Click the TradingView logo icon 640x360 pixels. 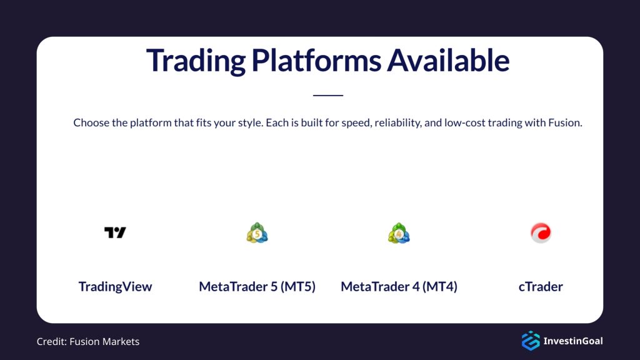115,232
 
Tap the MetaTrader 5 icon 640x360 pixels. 257,233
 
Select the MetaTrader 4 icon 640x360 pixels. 399,233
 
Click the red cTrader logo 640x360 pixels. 541,233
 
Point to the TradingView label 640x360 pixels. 115,287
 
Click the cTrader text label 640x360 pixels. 541,287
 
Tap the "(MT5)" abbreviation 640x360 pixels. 297,287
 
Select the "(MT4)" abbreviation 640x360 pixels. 439,287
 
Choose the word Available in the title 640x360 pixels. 448,61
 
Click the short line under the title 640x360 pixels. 328,96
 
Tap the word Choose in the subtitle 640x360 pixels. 91,122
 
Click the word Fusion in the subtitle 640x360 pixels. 564,122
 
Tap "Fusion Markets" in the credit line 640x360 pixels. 105,341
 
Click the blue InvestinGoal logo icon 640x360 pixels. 530,341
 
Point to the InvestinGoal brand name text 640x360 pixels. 573,341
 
